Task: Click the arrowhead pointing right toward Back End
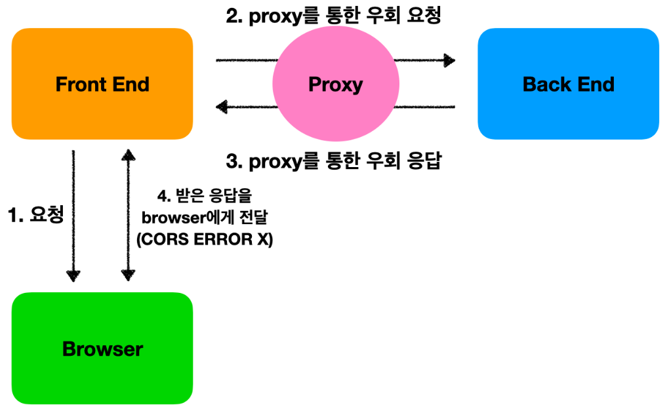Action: click(x=449, y=61)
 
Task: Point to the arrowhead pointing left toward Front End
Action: click(x=222, y=105)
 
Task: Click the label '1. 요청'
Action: click(x=35, y=215)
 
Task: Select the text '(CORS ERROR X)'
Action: click(x=204, y=240)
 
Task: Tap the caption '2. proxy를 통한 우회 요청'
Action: click(x=334, y=16)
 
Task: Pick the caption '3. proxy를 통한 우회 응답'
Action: click(x=334, y=161)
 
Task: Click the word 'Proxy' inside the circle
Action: click(x=335, y=85)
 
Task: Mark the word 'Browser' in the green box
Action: click(x=102, y=349)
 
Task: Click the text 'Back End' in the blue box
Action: click(x=568, y=85)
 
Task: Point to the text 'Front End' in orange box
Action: click(x=102, y=85)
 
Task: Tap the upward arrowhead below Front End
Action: click(x=129, y=155)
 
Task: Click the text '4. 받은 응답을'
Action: click(x=204, y=195)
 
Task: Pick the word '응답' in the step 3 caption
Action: click(x=424, y=161)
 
